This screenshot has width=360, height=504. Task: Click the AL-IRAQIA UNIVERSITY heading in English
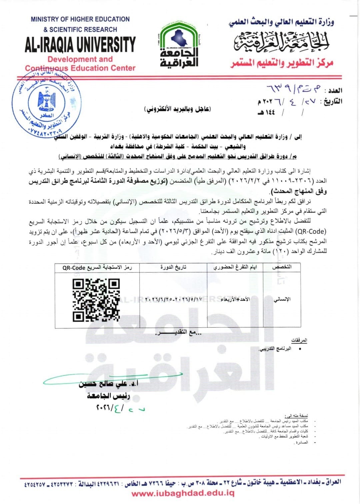(80, 45)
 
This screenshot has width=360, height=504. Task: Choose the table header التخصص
(282, 267)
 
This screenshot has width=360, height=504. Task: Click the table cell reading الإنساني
(282, 299)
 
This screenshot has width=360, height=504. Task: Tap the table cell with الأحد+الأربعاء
(235, 299)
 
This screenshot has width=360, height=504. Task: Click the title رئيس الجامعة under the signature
(108, 396)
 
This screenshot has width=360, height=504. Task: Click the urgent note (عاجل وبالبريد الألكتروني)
(178, 109)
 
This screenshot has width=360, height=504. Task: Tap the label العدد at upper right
(335, 91)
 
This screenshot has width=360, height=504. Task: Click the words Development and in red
(80, 59)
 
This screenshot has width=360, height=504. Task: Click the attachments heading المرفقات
(299, 340)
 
